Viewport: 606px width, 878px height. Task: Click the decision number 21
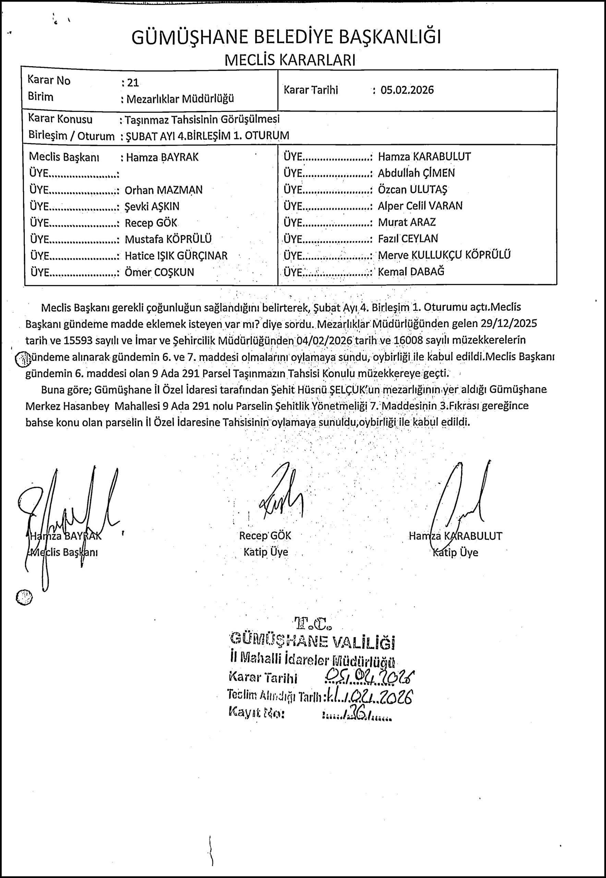pyautogui.click(x=133, y=82)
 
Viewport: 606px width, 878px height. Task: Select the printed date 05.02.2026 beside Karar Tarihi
pyautogui.click(x=407, y=90)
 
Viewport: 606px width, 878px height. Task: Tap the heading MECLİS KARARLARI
pyautogui.click(x=290, y=60)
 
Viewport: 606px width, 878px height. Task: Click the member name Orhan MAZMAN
pyautogui.click(x=163, y=190)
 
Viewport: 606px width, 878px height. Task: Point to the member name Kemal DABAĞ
pyautogui.click(x=411, y=272)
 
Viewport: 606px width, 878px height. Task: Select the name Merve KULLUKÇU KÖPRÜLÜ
pyautogui.click(x=444, y=255)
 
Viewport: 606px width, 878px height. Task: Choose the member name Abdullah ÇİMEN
pyautogui.click(x=416, y=173)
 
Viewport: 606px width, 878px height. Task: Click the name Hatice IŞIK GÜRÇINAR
pyautogui.click(x=176, y=256)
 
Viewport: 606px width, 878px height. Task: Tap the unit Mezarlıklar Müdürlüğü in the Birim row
pyautogui.click(x=180, y=99)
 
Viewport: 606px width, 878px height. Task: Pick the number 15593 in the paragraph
pyautogui.click(x=77, y=340)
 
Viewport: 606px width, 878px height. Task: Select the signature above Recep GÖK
pyautogui.click(x=281, y=494)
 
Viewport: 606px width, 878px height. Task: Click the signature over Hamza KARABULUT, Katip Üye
pyautogui.click(x=459, y=498)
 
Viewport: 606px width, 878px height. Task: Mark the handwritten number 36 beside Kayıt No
pyautogui.click(x=359, y=716)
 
